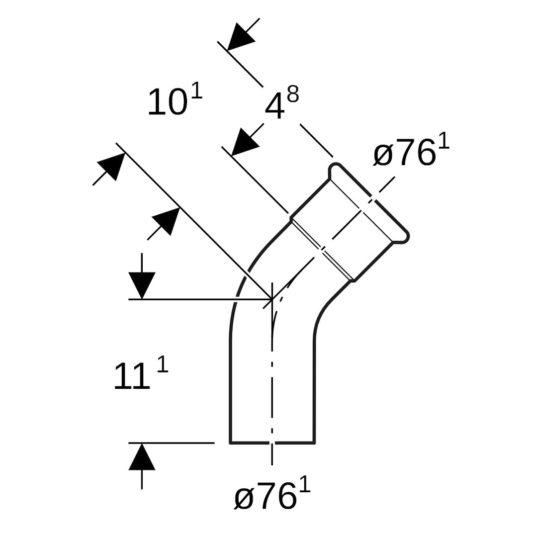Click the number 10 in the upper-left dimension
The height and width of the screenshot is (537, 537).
pyautogui.click(x=168, y=103)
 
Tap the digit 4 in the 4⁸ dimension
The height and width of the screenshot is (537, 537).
pyautogui.click(x=274, y=106)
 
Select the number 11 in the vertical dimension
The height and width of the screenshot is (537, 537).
pyautogui.click(x=131, y=376)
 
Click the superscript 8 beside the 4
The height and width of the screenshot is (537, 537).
pyautogui.click(x=293, y=93)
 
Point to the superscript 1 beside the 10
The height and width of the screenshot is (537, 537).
pyautogui.click(x=197, y=90)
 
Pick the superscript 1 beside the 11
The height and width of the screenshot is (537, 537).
pyautogui.click(x=163, y=364)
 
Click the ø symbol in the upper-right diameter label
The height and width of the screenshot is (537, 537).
pyautogui.click(x=383, y=154)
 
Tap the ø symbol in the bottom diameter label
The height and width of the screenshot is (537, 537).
pyautogui.click(x=244, y=497)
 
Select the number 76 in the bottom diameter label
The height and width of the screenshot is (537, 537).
pyautogui.click(x=276, y=496)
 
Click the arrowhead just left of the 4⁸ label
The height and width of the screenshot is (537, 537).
pyautogui.click(x=244, y=143)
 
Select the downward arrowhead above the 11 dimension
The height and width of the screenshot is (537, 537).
pyautogui.click(x=142, y=284)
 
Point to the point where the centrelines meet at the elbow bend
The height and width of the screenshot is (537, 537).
pyautogui.click(x=272, y=299)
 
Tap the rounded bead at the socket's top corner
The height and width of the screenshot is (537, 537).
pyautogui.click(x=335, y=168)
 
